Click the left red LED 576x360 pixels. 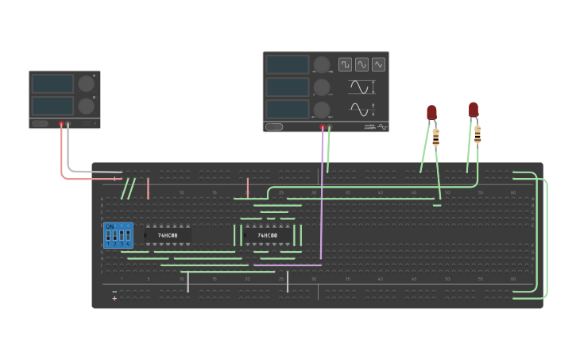[x=432, y=113]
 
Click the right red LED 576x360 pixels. [x=474, y=110]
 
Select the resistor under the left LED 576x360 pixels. [x=437, y=139]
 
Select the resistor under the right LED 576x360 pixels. [x=477, y=135]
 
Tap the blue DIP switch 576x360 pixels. [x=118, y=235]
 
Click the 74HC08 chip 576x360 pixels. [x=168, y=235]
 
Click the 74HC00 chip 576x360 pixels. [x=267, y=235]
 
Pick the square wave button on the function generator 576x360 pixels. [x=345, y=64]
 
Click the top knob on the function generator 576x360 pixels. [x=322, y=64]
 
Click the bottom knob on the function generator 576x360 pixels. [x=322, y=109]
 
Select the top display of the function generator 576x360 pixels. [x=287, y=64]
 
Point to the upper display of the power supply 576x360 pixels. [x=52, y=83]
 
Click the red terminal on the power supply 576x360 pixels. [x=61, y=124]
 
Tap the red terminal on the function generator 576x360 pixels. [x=322, y=126]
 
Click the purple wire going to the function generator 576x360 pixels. [x=321, y=199]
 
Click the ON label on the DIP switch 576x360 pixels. [x=109, y=226]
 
